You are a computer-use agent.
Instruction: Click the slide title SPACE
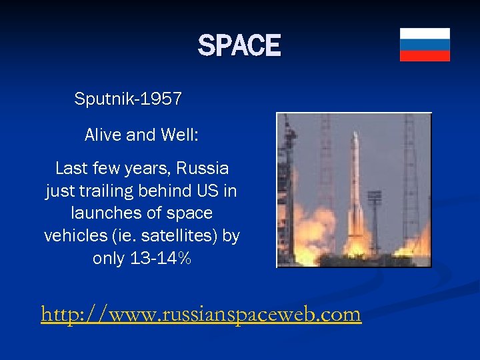[x=239, y=46]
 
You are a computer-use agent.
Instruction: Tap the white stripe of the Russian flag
[x=425, y=33]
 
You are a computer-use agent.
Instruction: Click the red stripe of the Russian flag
[x=425, y=55]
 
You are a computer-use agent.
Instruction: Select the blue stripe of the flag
[x=425, y=45]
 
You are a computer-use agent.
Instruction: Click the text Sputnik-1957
[x=128, y=99]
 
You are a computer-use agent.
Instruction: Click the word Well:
[x=179, y=135]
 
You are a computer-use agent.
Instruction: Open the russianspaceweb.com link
[x=201, y=313]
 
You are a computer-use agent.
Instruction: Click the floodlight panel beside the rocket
[x=375, y=197]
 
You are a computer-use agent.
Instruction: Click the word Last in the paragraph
[x=71, y=168]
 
